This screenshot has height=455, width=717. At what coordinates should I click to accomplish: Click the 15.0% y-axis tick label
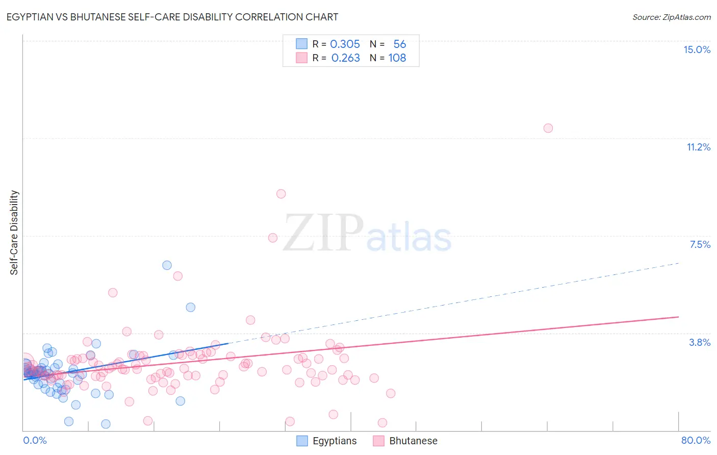pos(697,49)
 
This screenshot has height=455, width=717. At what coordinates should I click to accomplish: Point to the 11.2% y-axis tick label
pos(698,147)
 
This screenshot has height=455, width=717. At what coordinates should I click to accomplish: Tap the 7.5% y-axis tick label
pos(700,244)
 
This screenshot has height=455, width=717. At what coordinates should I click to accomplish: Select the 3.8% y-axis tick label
pos(700,342)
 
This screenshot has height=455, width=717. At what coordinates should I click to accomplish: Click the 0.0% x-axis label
pos(35,440)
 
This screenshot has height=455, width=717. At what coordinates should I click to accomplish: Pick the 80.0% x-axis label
pos(696,440)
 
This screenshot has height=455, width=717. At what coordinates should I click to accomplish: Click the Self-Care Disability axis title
pos(14,233)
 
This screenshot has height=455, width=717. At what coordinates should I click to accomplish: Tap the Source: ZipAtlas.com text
pos(671,17)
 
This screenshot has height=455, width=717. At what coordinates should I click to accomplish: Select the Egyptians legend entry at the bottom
pos(327,441)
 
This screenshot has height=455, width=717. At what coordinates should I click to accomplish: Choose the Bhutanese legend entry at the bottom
pos(405,441)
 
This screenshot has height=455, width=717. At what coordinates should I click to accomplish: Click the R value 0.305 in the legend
pos(345,44)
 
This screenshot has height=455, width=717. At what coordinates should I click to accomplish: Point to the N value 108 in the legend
pos(397,58)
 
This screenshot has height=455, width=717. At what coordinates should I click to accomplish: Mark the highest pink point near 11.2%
pos(548,128)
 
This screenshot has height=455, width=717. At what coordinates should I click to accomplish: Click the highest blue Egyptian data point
pos(167,265)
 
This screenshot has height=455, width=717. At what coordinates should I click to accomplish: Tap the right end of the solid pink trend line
pos(678,317)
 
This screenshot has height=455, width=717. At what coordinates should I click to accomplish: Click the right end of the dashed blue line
pos(679,263)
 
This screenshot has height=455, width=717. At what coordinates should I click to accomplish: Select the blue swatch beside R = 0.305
pos(302,44)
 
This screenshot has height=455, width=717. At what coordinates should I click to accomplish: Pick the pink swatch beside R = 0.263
pos(302,58)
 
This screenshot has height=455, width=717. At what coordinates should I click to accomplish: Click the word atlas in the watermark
pos(409,238)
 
